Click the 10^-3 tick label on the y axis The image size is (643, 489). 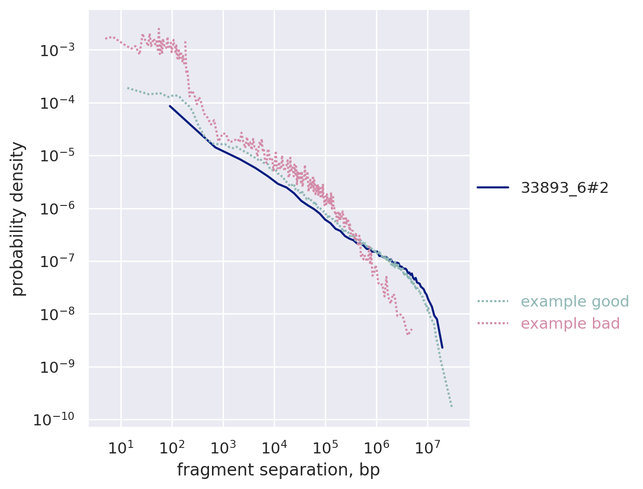click(59, 51)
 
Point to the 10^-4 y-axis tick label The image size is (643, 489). click(59, 103)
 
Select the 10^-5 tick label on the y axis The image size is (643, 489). click(59, 156)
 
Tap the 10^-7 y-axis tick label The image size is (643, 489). click(59, 262)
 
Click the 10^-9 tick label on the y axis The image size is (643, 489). click(59, 367)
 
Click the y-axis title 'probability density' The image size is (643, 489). click(18, 218)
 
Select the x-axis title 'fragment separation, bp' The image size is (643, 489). click(278, 470)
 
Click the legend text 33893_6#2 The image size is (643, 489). click(565, 188)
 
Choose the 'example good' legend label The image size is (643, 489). click(575, 302)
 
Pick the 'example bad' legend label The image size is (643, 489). click(570, 324)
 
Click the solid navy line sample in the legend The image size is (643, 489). click(493, 188)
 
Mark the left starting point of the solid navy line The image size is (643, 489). click(170, 106)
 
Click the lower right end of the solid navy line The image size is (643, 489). click(442, 347)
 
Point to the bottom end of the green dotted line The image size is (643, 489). click(452, 406)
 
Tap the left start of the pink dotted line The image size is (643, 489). click(105, 38)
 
